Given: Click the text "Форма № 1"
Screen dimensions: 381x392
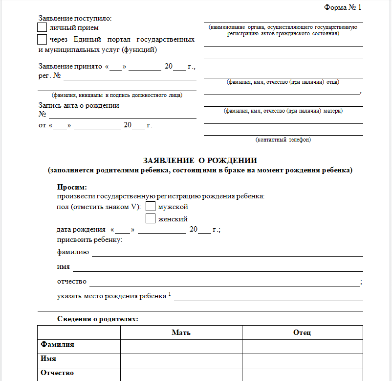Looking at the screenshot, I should point(342,7).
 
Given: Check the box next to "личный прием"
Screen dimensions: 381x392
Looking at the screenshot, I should point(43,27).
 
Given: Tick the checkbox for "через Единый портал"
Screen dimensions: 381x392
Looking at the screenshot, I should point(43,39).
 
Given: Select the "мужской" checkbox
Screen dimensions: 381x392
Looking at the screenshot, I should point(151,207).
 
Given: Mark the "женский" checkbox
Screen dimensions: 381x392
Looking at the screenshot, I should point(151,218).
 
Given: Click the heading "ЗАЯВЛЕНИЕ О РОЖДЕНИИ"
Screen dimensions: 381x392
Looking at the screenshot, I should point(200,161).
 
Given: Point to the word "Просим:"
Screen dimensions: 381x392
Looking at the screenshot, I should point(72,187).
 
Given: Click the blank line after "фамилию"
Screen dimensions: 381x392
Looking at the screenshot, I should point(227,254).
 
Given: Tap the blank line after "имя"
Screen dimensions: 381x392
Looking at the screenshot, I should point(218,269).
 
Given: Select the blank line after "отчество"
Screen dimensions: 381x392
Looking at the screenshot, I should point(223,283).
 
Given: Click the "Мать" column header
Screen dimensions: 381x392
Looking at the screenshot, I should point(181,333).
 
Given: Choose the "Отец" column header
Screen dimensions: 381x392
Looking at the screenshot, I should point(302,333).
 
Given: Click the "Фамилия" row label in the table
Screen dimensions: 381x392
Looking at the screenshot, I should point(58,345).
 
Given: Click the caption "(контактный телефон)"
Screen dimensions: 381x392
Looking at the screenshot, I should point(283,140).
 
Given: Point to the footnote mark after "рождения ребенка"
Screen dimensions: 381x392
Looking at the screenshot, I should point(170,294).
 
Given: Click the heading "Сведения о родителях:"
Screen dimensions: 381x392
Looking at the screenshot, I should point(97,319).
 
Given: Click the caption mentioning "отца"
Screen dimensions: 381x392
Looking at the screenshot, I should point(283,82).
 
